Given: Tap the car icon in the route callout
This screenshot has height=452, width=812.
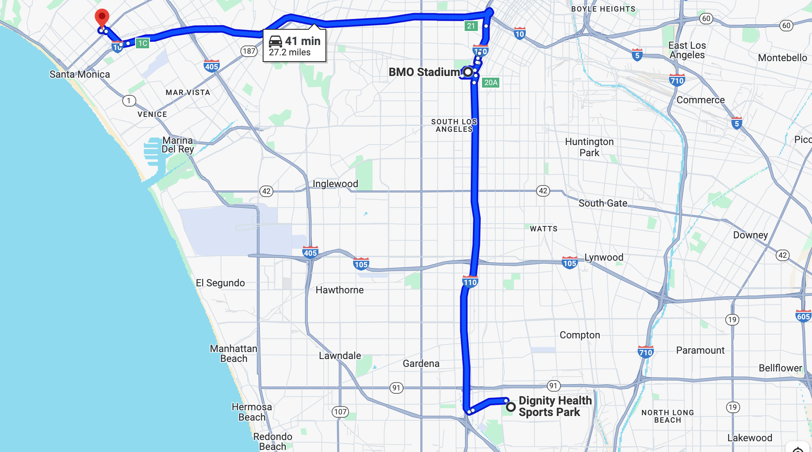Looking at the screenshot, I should [275, 41].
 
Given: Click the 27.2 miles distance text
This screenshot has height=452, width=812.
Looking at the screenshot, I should [290, 52].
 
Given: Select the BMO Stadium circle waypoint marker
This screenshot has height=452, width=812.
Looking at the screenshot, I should [468, 72].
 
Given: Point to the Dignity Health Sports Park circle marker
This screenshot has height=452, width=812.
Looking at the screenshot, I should [511, 407].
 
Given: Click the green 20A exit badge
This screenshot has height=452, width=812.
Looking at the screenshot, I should [491, 83].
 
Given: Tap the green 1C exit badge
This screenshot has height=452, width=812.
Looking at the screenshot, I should [142, 43].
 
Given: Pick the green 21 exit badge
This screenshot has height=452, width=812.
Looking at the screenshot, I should [471, 26].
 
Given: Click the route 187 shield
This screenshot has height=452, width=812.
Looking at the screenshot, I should [249, 51].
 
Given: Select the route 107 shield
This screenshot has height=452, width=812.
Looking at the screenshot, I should [340, 412].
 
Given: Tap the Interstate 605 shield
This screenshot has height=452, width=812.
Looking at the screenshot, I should [803, 316].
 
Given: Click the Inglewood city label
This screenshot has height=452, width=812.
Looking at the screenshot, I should [335, 184].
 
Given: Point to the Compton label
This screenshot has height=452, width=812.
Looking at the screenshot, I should [579, 335].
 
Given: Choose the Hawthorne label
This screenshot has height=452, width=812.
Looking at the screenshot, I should [340, 290].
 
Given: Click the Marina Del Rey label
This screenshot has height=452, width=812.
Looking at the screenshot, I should [178, 145].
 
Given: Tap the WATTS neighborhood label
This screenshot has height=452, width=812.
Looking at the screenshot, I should [544, 229].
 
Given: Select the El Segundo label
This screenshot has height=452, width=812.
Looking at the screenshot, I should [220, 283].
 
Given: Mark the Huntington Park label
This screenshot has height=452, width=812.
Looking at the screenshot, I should [589, 147].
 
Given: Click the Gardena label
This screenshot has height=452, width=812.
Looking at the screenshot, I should [421, 364].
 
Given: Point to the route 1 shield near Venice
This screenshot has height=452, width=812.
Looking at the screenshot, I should [129, 101].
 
